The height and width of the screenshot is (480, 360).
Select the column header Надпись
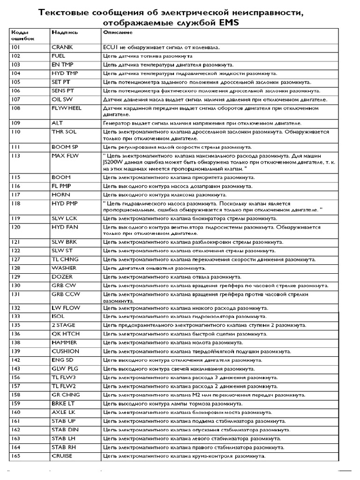61,32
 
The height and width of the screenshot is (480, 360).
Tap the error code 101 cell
15,47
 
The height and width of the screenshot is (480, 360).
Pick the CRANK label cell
62,47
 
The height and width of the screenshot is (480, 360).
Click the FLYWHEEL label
67,108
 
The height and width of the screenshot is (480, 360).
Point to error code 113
15,155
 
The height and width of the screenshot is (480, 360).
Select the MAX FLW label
65,155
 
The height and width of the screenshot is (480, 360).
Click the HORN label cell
61,194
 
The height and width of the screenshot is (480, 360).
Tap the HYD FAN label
64,227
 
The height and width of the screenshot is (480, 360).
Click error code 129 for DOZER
15,277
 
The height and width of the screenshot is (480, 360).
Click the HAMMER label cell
64,343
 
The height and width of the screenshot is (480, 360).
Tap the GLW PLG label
65,369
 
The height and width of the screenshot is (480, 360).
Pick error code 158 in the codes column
15,395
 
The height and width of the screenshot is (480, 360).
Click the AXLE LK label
63,412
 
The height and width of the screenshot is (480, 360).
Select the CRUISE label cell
62,456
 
